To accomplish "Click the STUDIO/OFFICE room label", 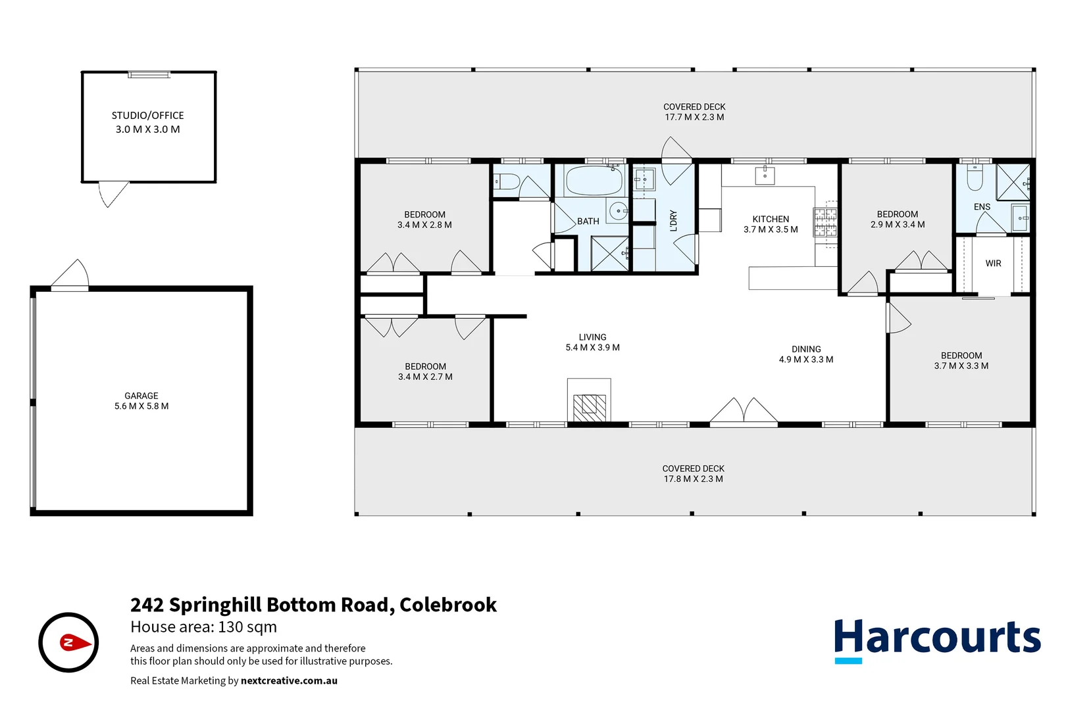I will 147,115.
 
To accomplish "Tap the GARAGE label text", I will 141,396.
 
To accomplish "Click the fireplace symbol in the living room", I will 589,408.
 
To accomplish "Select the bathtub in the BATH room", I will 594,181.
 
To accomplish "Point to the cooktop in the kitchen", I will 825,222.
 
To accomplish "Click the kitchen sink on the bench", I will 765,176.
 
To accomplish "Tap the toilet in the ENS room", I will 975,177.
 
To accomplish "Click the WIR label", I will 993,264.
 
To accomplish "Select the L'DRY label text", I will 673,221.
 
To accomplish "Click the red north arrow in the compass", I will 75,642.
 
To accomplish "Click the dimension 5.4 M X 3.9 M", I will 592,348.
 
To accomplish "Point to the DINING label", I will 806,349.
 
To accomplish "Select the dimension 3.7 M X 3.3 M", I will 961,366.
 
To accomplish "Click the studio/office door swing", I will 112,193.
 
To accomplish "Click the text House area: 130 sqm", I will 203,627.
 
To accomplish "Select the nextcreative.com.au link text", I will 289,681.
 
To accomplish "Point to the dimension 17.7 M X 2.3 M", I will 694,118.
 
